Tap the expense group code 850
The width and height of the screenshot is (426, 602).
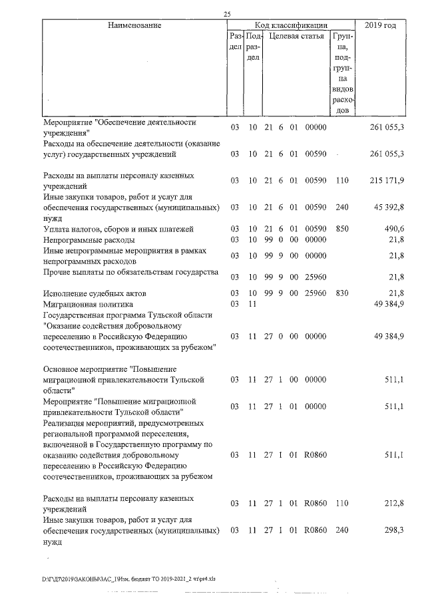pyautogui.click(x=342, y=229)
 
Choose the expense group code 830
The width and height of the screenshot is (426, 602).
pyautogui.click(x=342, y=293)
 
